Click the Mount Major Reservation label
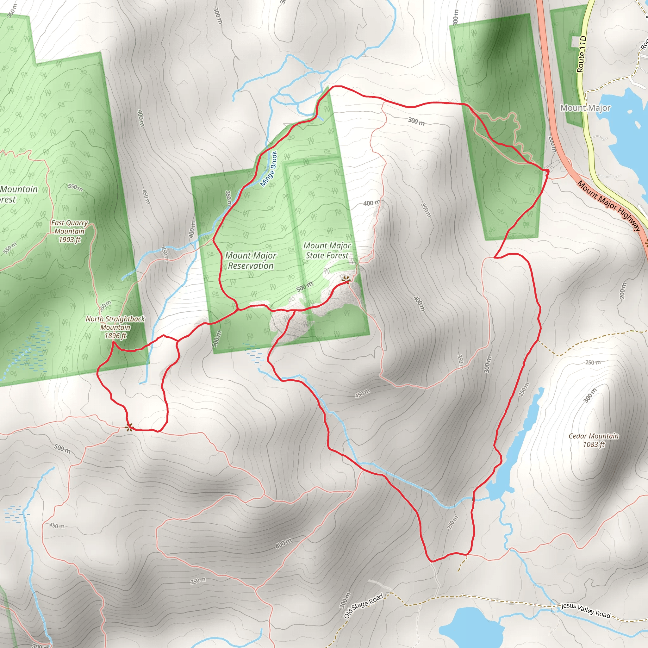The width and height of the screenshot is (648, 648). (x=251, y=261)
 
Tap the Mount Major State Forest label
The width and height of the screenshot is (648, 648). (x=327, y=251)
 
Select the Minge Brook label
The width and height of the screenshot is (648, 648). (x=269, y=169)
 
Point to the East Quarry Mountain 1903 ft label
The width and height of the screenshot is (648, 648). (x=69, y=231)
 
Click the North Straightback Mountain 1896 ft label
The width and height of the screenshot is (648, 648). (x=115, y=327)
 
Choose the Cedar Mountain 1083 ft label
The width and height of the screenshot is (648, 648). (x=593, y=440)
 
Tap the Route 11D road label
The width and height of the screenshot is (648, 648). (x=581, y=54)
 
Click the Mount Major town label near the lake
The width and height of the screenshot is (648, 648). (x=585, y=108)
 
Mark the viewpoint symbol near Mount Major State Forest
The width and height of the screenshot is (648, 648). (x=346, y=278)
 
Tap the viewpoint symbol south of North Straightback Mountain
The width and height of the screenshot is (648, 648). (x=129, y=427)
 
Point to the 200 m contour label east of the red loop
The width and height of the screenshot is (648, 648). (x=622, y=290)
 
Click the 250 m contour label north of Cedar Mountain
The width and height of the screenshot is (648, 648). (x=593, y=363)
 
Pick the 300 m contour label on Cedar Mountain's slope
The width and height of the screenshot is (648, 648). (x=590, y=395)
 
